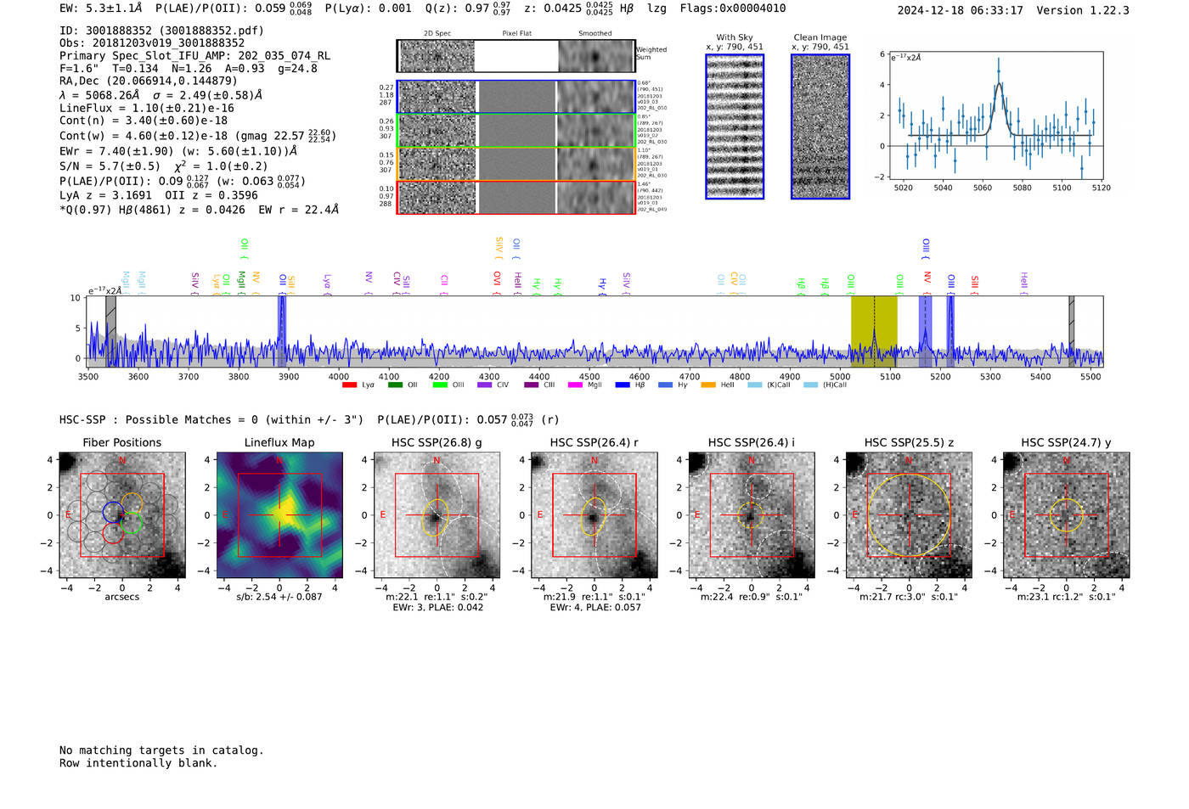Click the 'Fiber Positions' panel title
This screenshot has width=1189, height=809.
click(x=121, y=442)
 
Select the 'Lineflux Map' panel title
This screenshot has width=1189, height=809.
click(x=279, y=442)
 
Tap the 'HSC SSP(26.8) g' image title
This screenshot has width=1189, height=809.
click(x=437, y=442)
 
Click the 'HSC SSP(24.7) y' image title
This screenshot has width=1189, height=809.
click(x=1066, y=442)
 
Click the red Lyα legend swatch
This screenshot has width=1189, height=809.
click(x=349, y=385)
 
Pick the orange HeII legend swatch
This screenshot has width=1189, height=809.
click(x=708, y=385)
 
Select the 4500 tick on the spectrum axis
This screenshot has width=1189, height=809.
click(x=589, y=376)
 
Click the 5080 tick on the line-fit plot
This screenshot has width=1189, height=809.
click(x=1022, y=188)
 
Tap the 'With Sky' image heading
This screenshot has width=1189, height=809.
click(x=735, y=37)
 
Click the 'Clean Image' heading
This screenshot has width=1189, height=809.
click(x=820, y=37)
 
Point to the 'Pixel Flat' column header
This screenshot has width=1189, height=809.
click(x=516, y=33)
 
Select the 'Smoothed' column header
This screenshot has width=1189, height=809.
click(x=594, y=33)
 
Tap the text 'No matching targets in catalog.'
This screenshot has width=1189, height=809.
click(x=161, y=750)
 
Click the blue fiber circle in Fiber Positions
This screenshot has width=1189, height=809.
click(x=113, y=512)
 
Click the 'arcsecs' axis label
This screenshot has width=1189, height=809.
click(x=121, y=597)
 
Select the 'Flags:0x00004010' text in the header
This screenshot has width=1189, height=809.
click(x=733, y=8)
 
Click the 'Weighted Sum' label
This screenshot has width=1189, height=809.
click(x=651, y=53)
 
